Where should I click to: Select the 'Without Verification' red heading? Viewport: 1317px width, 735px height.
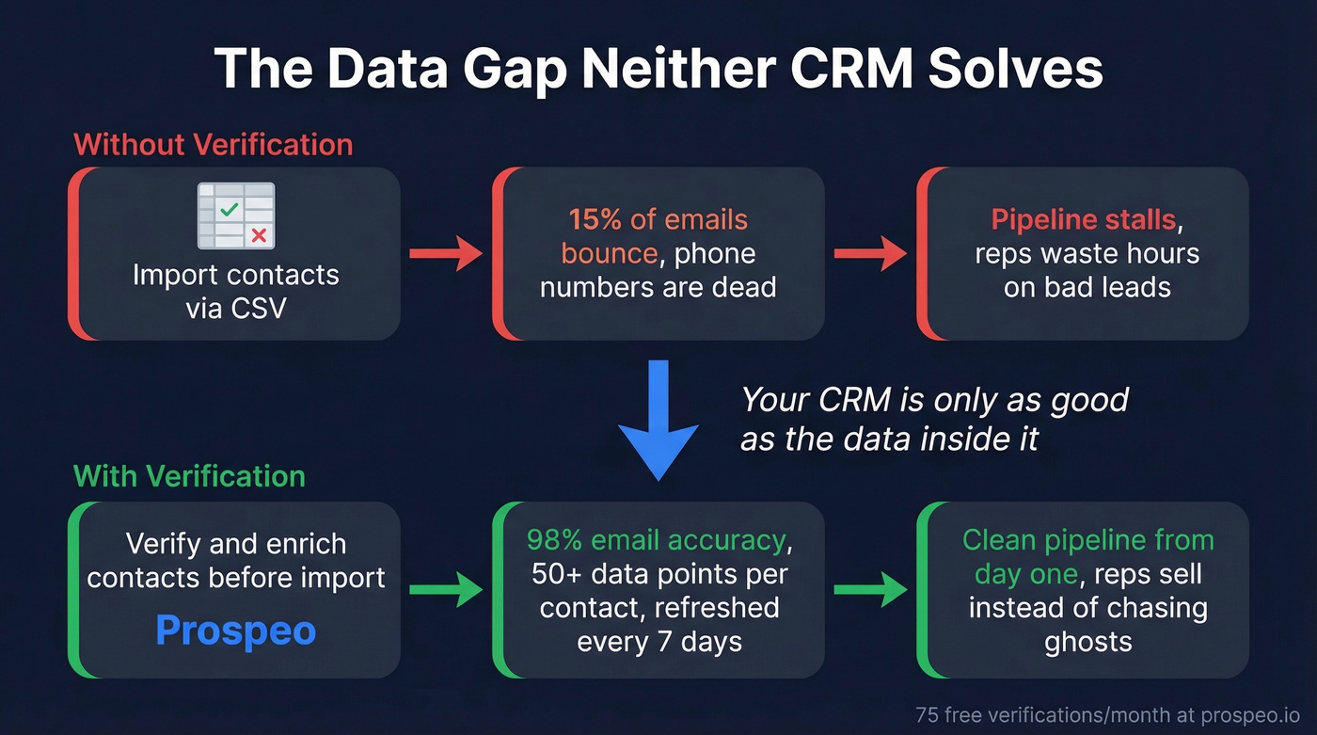(213, 145)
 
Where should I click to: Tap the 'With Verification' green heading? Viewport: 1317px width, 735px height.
(189, 475)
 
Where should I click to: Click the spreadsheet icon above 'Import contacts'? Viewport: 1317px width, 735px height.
(235, 216)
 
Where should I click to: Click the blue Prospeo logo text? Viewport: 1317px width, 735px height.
(235, 631)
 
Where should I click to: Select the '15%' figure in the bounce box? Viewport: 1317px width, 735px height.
(594, 220)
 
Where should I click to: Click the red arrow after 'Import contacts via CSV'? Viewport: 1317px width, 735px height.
(445, 254)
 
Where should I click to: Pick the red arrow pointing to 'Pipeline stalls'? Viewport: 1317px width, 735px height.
(869, 254)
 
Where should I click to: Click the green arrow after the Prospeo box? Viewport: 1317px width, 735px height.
(445, 590)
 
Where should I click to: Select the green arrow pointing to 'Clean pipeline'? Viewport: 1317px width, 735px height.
(869, 590)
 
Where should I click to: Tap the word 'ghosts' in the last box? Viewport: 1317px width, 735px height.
(1087, 642)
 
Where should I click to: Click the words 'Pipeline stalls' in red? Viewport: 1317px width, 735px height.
(1083, 220)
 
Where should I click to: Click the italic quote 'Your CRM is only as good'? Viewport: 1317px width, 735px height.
(934, 400)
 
